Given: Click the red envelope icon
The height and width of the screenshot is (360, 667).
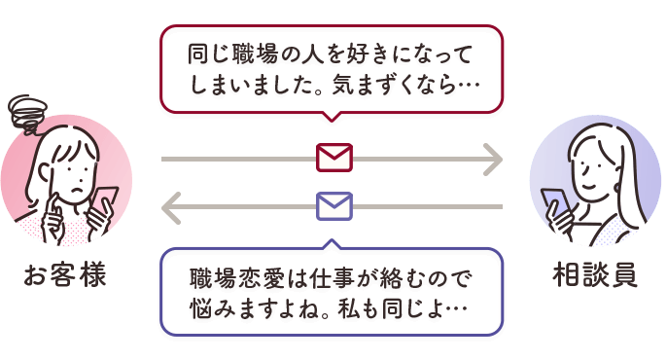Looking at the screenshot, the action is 333,158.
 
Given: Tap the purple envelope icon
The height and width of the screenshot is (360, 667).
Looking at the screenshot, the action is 333,206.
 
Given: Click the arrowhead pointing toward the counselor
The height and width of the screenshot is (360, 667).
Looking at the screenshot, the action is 494,160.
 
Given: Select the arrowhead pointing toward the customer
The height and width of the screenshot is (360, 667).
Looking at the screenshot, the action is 171,207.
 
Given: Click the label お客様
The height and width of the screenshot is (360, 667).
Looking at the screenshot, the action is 64,275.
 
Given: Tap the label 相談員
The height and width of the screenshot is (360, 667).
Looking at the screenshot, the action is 595,275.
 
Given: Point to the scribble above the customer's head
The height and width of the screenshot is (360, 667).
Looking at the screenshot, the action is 26,112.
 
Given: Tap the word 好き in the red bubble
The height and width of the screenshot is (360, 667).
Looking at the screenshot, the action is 359,54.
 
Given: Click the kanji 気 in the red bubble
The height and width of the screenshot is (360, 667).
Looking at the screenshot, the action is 343,85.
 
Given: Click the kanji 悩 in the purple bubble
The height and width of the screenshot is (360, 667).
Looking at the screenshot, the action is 200,309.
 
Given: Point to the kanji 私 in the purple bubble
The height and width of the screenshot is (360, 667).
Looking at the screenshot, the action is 348,309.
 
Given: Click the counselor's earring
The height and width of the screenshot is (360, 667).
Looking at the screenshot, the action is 617,188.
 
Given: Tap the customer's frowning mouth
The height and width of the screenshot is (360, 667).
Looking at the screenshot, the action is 77,190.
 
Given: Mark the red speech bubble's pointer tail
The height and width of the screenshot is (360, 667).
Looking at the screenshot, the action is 332,117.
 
